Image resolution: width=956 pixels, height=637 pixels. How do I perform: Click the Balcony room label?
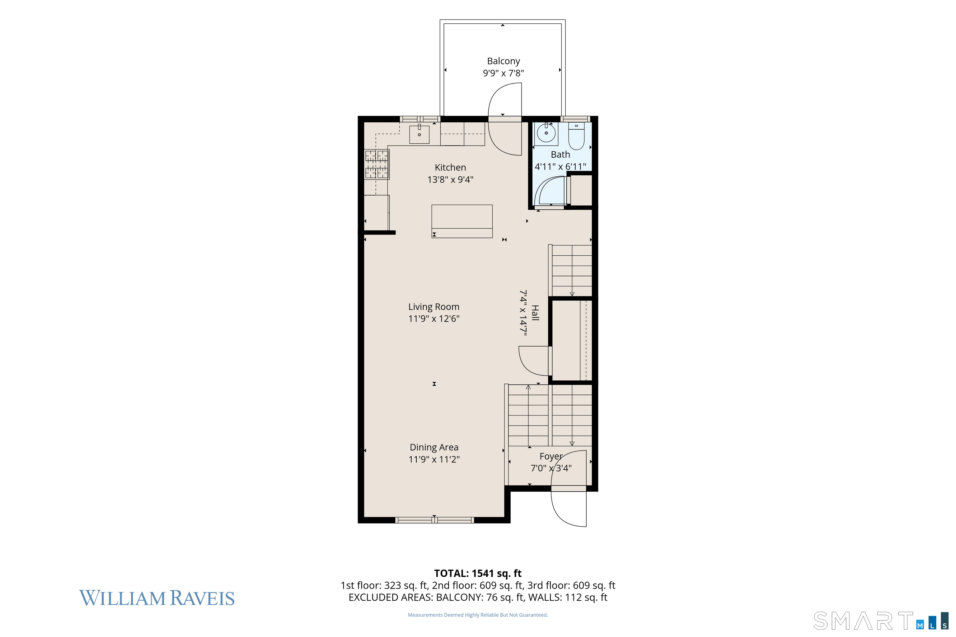pos(503,61)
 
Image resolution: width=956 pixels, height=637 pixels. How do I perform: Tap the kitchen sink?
pos(419,134)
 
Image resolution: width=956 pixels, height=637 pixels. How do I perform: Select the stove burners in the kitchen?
pos(377,165)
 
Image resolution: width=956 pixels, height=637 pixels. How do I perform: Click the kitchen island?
pos(462,221)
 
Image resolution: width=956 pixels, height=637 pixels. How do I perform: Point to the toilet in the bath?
pos(576,136)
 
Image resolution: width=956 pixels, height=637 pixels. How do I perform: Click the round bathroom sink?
pos(546,133)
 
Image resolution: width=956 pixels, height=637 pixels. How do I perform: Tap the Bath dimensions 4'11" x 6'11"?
pos(560,167)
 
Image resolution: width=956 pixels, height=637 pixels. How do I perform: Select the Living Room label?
pos(434,307)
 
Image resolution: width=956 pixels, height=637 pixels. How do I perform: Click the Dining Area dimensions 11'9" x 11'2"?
pos(434,459)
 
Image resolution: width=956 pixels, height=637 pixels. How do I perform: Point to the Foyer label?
pos(551,456)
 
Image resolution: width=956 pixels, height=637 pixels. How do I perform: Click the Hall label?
pos(535,313)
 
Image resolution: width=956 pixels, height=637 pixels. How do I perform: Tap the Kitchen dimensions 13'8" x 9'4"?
pos(450,179)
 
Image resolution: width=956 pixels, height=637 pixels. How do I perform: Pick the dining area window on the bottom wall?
pos(434,520)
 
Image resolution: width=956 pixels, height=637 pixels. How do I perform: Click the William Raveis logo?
pos(157,598)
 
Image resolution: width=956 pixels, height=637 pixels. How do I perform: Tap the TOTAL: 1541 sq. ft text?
pos(478,573)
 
